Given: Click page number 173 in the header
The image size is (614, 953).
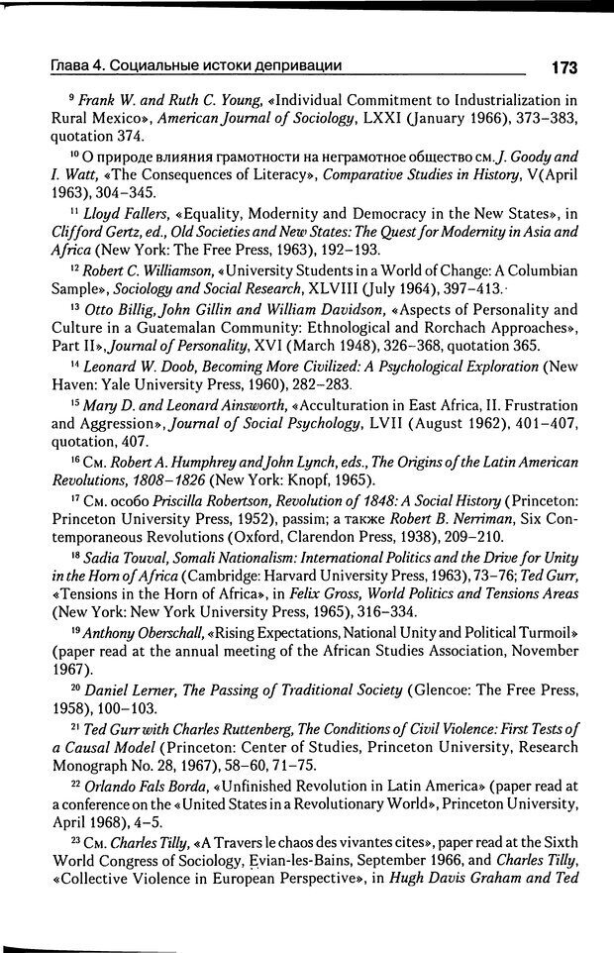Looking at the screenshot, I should pos(558,67).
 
